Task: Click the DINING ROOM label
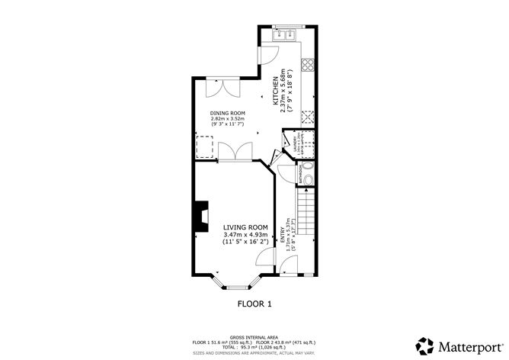click(227, 113)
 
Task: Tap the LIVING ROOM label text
click(245, 227)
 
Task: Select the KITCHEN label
click(277, 91)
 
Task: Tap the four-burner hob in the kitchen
click(309, 117)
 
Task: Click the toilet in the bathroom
click(307, 172)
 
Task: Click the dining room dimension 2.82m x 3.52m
click(227, 119)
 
